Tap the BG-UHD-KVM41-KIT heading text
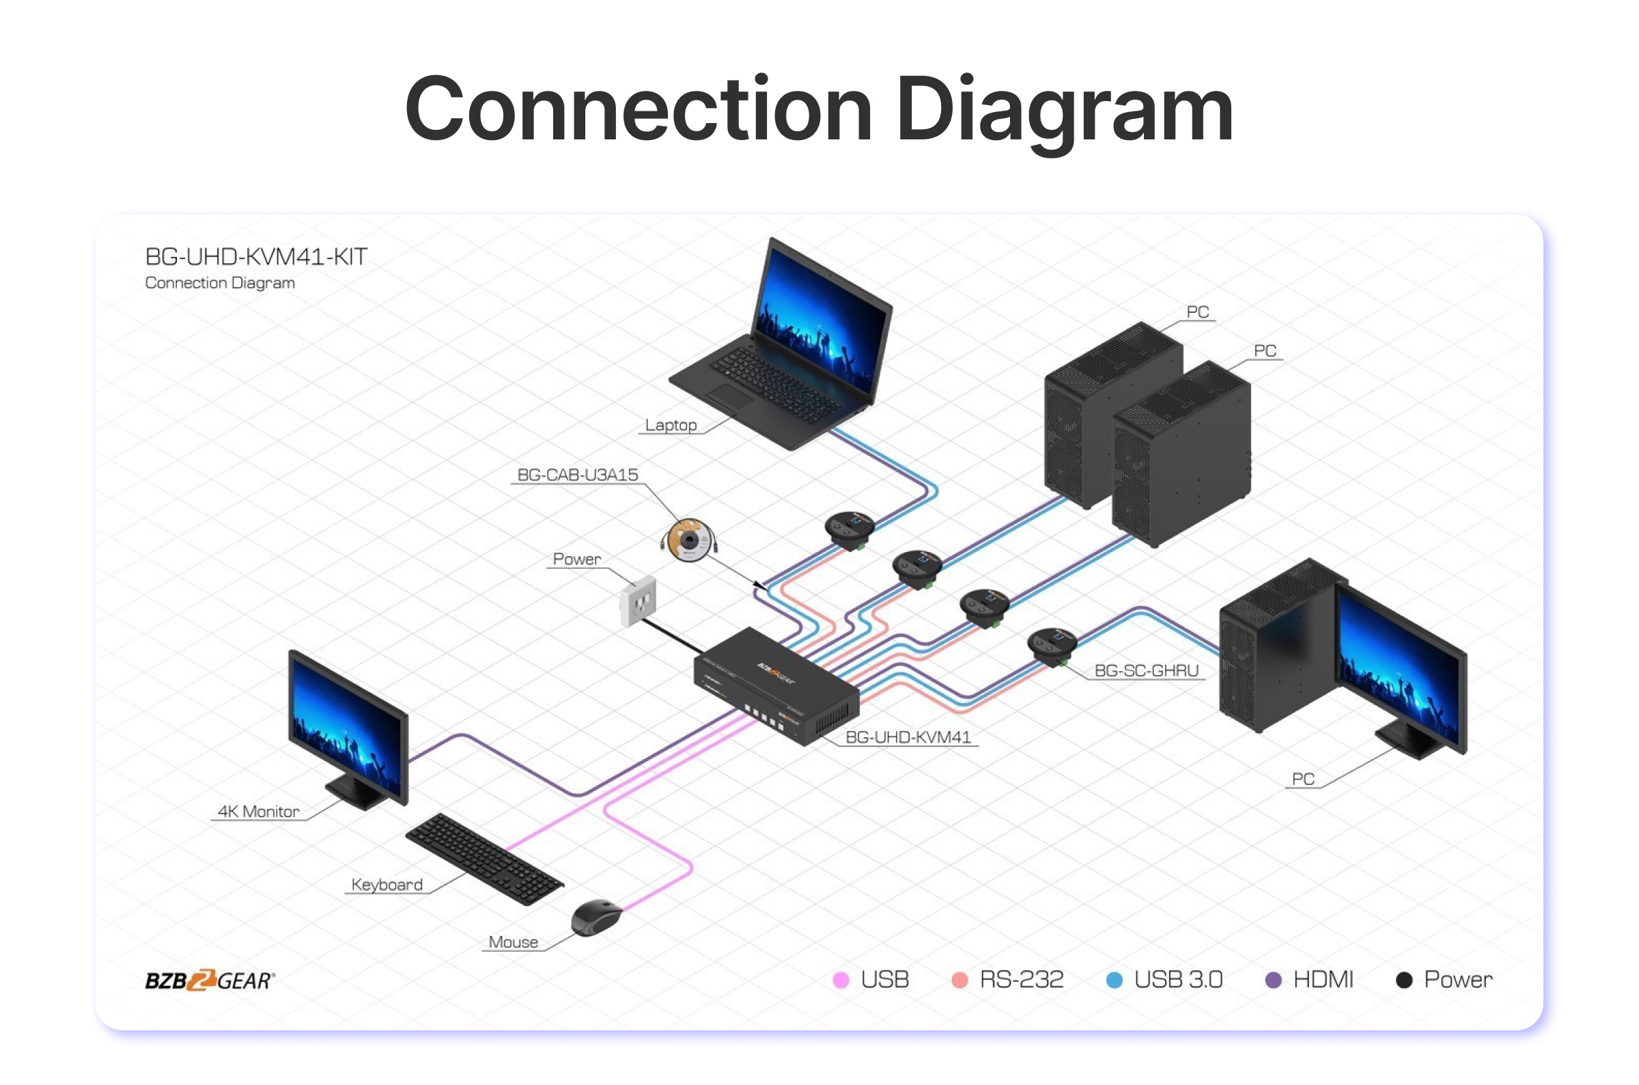pos(256,257)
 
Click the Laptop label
pos(670,425)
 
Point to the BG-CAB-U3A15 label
pos(578,475)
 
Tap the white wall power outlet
pos(638,601)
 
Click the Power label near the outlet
pos(577,559)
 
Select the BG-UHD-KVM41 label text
pos(908,737)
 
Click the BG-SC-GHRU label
pos(1146,670)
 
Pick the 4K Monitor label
pos(259,811)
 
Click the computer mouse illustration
pos(596,918)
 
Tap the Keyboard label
pos(387,884)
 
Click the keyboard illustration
pos(484,858)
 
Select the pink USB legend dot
pos(840,980)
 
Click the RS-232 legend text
pos(1022,980)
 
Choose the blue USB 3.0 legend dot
pos(1114,980)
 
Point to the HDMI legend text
pos(1323,980)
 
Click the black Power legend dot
pos(1404,980)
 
